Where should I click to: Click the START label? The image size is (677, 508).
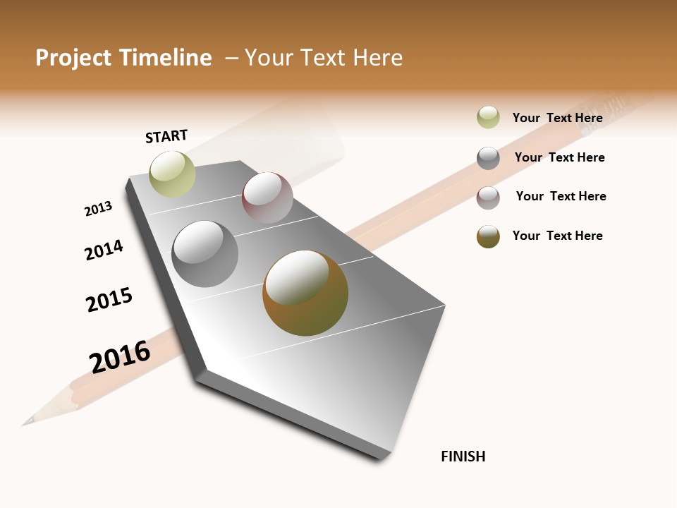[x=166, y=136]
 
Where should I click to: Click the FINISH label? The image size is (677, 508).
[x=463, y=456]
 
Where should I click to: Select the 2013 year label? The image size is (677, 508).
[x=98, y=209]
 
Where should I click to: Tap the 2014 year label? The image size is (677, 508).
[x=104, y=250]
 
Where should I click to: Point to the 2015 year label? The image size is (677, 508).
[x=109, y=300]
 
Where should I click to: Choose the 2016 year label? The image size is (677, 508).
[x=120, y=356]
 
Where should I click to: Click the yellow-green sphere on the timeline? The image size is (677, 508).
[x=172, y=174]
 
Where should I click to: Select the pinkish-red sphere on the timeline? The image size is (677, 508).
[x=267, y=198]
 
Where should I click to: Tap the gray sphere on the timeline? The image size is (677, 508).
[x=205, y=254]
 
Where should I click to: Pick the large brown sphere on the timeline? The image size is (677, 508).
[x=305, y=293]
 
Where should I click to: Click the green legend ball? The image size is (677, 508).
[x=488, y=117]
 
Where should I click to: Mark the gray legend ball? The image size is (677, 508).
[x=488, y=157]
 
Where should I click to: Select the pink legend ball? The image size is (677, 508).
[x=488, y=197]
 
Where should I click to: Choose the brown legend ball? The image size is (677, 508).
[x=488, y=236]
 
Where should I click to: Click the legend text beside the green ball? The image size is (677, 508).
[x=557, y=118]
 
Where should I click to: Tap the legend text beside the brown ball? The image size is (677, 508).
[x=557, y=236]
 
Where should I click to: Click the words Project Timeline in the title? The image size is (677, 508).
[x=123, y=58]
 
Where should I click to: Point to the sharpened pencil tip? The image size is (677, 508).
[x=28, y=422]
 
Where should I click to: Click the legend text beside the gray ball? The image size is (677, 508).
[x=559, y=157]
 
